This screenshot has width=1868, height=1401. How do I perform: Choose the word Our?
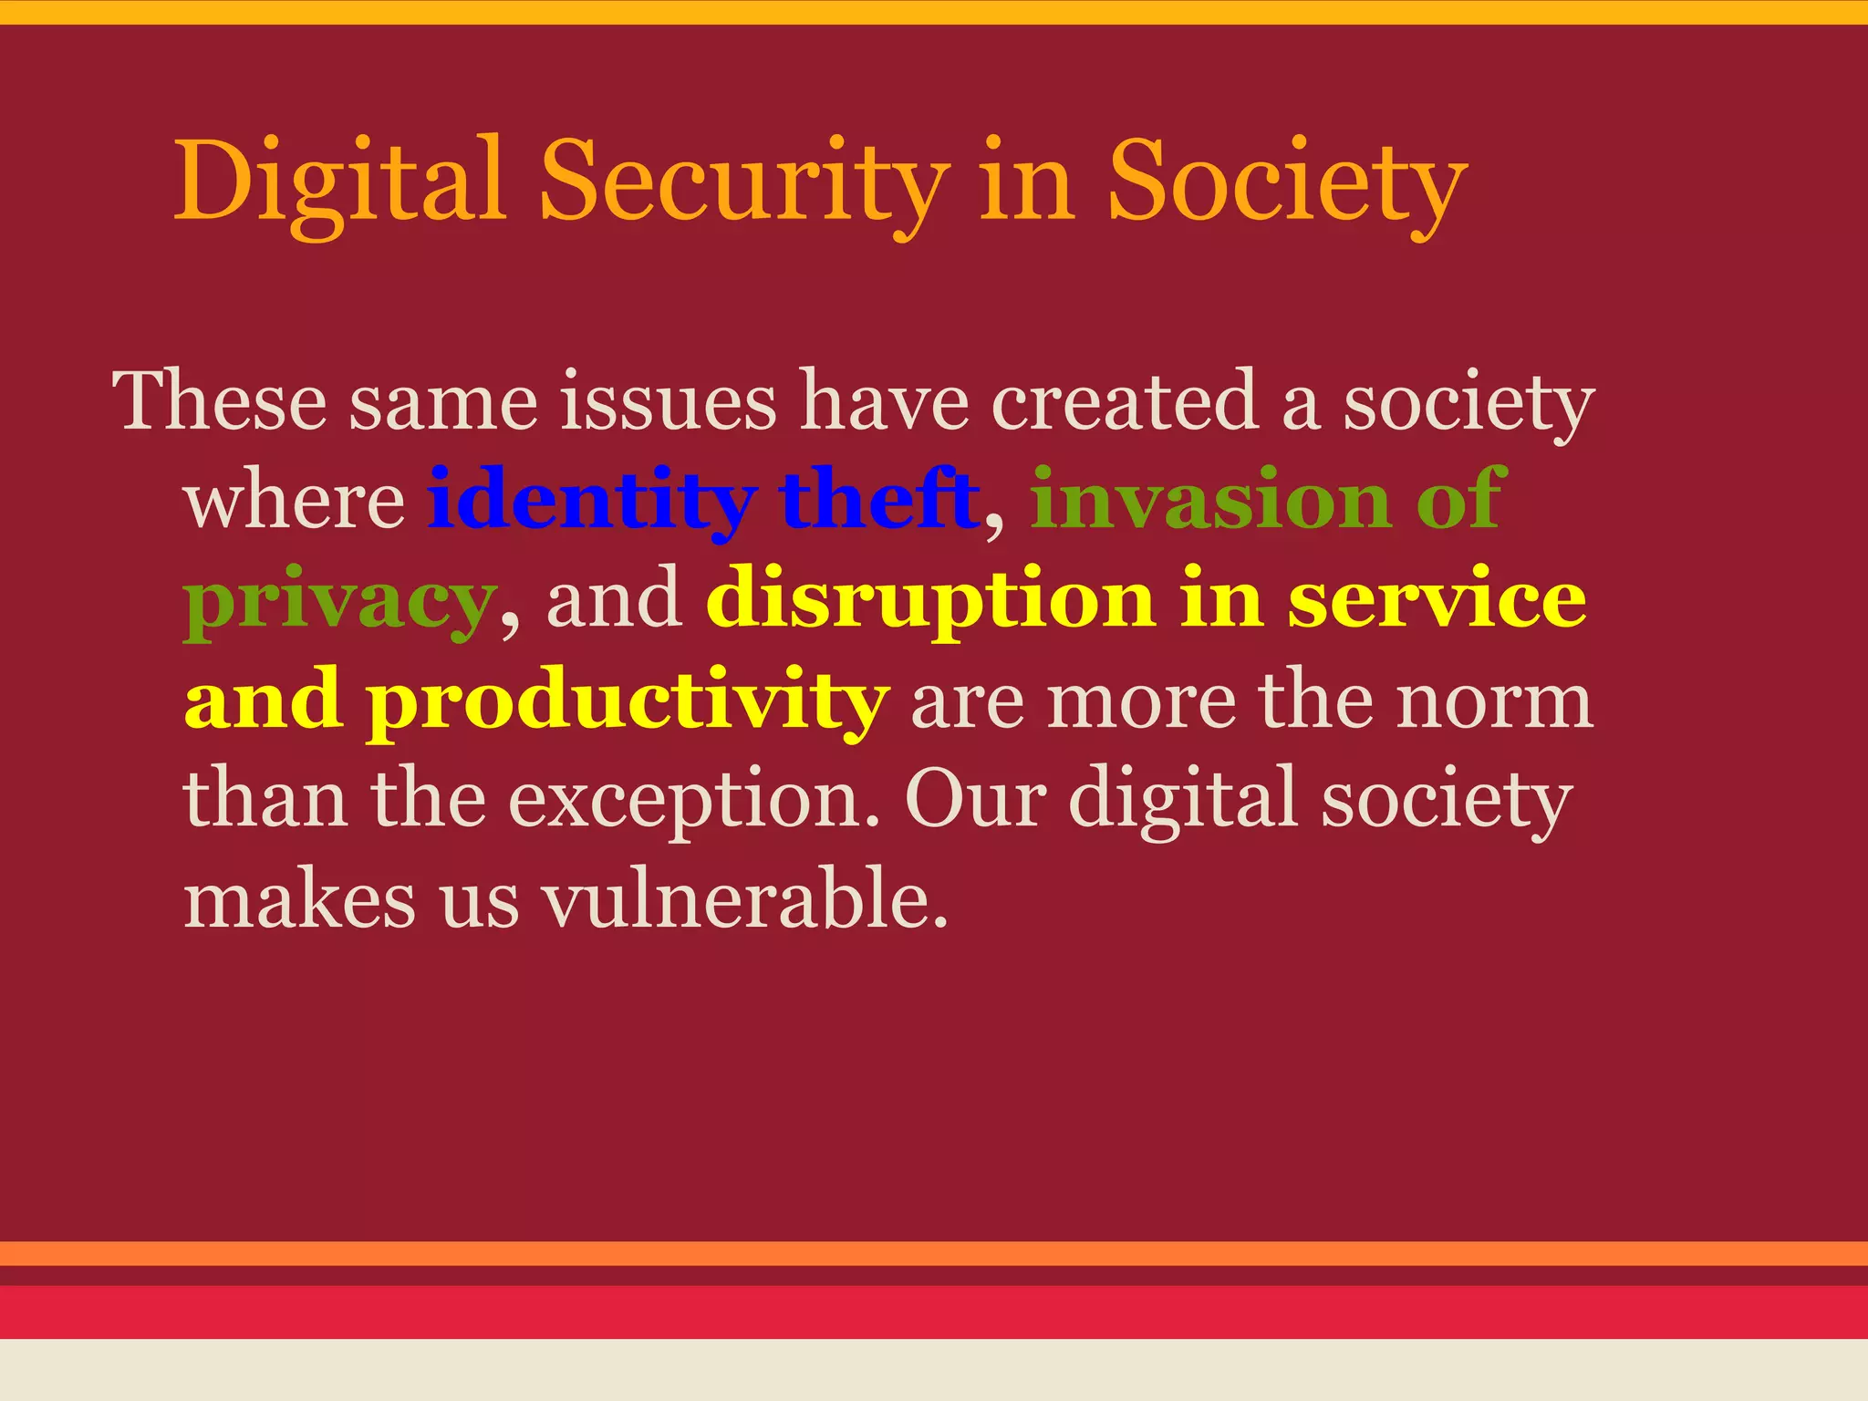(975, 799)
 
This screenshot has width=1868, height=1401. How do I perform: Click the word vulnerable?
(745, 899)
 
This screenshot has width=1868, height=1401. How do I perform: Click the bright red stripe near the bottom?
(934, 1312)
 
